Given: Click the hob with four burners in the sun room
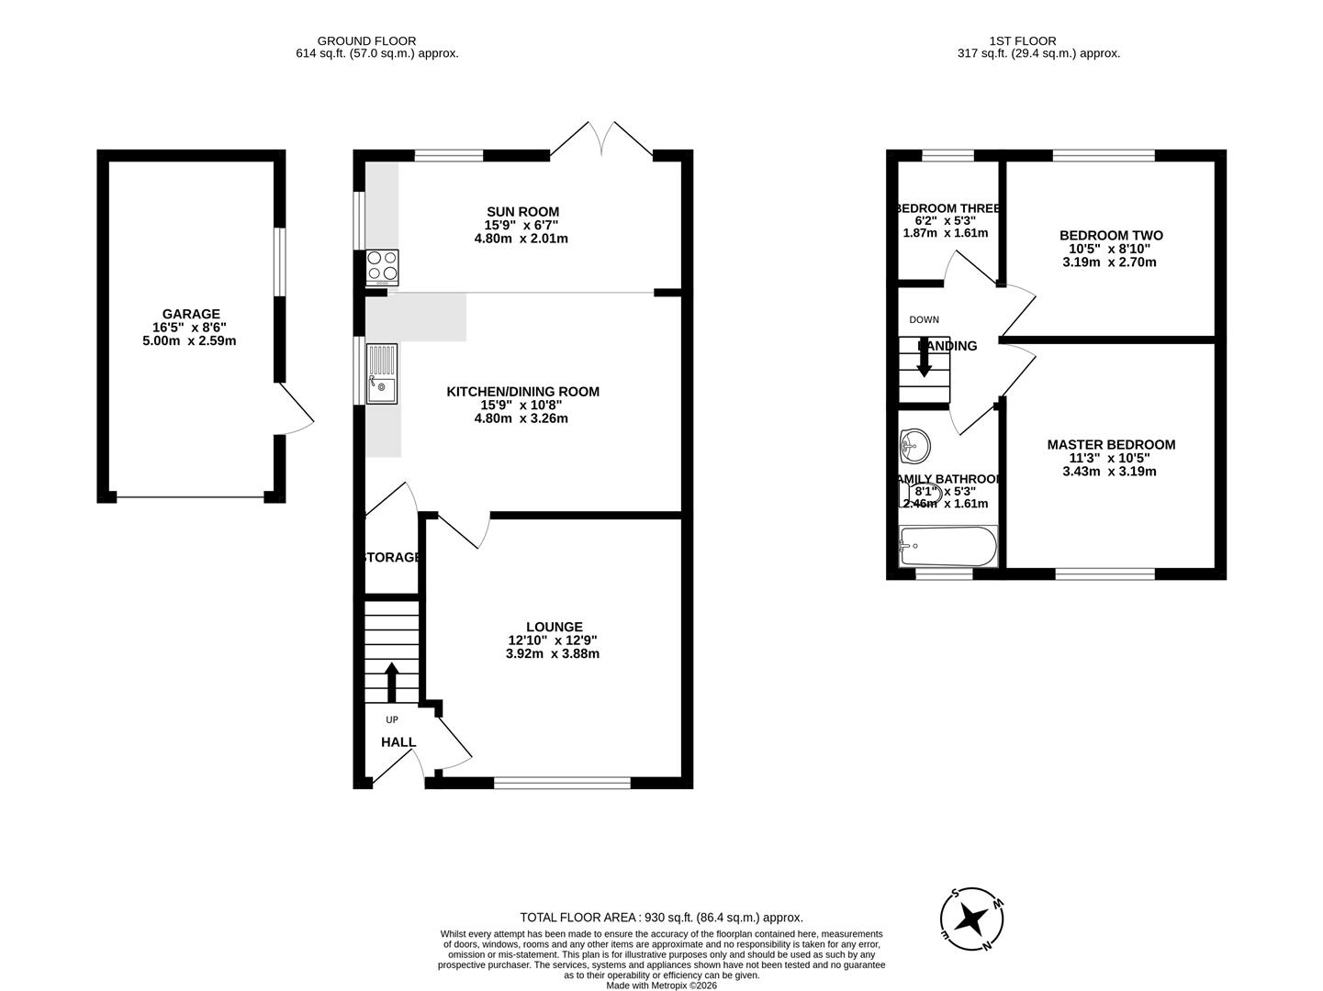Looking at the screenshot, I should [x=383, y=266].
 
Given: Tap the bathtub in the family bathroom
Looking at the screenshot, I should [x=947, y=547].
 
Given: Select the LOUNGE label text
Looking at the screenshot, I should [x=554, y=627].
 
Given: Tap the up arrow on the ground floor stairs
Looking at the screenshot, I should [x=391, y=682].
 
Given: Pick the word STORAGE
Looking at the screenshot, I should [x=393, y=557].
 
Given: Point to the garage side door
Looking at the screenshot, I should [x=296, y=409].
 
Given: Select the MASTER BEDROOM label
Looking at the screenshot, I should [x=1111, y=444].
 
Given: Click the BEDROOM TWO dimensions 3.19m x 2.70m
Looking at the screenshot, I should [x=1111, y=262].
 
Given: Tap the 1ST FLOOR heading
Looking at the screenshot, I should [x=1022, y=40].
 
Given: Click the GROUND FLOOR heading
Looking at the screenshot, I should [x=366, y=40].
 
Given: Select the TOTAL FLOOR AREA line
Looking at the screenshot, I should [x=661, y=917].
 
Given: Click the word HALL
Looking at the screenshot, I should [x=398, y=742].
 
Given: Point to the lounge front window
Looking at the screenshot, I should [x=562, y=783].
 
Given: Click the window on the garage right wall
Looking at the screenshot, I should [x=279, y=262].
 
